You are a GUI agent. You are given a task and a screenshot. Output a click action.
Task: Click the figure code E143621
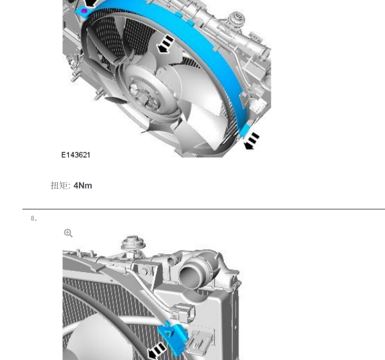[76, 155]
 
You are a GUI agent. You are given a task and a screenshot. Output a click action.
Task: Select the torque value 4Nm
[83, 185]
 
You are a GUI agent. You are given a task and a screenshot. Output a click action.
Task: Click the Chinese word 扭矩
[60, 185]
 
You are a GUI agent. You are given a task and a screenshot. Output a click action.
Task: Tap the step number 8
[34, 218]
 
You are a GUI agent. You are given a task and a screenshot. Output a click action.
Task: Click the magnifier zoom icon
[68, 233]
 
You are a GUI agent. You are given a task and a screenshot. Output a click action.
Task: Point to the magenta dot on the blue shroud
[84, 11]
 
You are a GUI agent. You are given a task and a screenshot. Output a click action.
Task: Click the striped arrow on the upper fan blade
[166, 44]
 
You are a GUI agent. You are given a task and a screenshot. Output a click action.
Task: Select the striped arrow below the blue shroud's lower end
[252, 141]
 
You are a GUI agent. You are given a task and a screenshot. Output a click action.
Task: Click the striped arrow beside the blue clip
[157, 351]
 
